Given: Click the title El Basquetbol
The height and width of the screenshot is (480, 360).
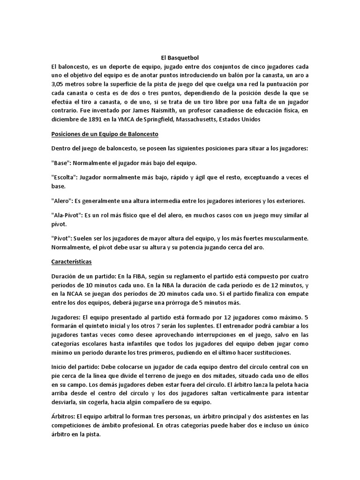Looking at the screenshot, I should point(180,58).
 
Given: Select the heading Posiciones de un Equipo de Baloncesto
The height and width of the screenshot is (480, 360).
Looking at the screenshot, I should point(105,134).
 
